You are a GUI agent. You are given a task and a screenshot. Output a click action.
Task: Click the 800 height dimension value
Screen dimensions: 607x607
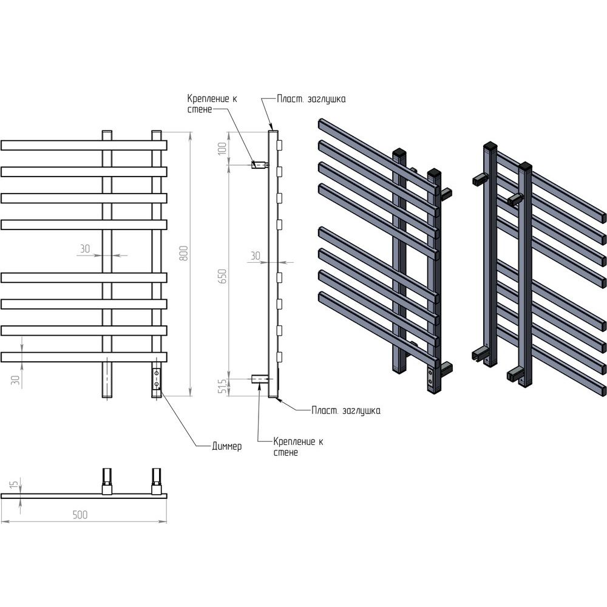(185, 253)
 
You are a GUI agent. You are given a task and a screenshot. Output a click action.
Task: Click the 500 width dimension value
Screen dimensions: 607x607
(80, 515)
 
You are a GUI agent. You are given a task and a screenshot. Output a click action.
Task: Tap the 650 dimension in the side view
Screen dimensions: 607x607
(223, 276)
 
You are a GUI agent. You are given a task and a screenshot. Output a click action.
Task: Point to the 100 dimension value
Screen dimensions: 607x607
(222, 148)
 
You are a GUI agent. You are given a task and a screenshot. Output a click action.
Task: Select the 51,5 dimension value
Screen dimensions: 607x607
(223, 386)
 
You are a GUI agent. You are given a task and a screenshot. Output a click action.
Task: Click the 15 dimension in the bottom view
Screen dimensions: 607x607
(13, 484)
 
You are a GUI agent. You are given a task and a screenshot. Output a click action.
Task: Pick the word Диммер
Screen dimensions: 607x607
(227, 446)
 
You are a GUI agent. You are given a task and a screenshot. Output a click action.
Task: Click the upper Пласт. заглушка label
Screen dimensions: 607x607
(311, 99)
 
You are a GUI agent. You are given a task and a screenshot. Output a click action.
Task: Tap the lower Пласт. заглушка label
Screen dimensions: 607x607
(346, 410)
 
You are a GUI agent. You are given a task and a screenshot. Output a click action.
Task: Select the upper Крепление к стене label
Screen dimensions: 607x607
(212, 104)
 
